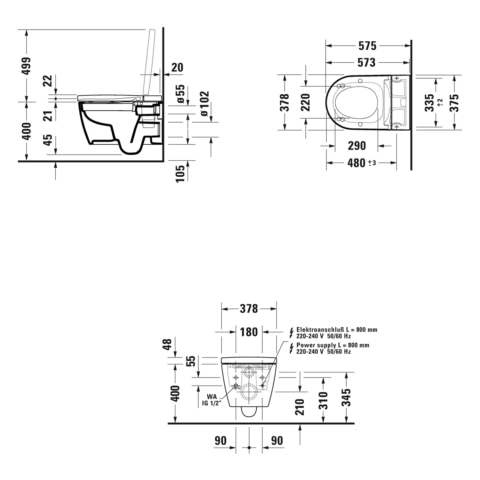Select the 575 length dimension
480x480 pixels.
367,46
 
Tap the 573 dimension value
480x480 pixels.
366,62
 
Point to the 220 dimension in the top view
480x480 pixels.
306,102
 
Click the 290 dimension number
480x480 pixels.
357,146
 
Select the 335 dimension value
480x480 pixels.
429,102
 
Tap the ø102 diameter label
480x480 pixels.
204,104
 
